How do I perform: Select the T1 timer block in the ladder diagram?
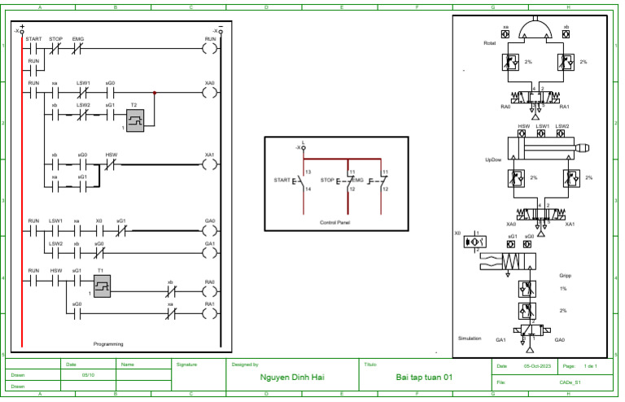pos(102,286)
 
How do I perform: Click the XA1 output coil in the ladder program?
pos(210,164)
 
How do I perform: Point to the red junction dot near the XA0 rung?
pos(155,93)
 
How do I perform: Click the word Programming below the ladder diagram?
pos(108,344)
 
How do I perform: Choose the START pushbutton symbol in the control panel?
pos(298,180)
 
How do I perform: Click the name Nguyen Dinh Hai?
pos(294,378)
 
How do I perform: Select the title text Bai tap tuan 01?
pos(423,378)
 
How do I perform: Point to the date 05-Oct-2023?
pos(539,367)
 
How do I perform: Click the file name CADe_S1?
pos(569,381)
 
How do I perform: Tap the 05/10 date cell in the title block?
pos(88,375)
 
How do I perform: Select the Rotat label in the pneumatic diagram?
pos(489,43)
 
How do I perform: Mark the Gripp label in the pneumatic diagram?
pos(565,275)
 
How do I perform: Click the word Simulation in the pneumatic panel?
pos(470,338)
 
